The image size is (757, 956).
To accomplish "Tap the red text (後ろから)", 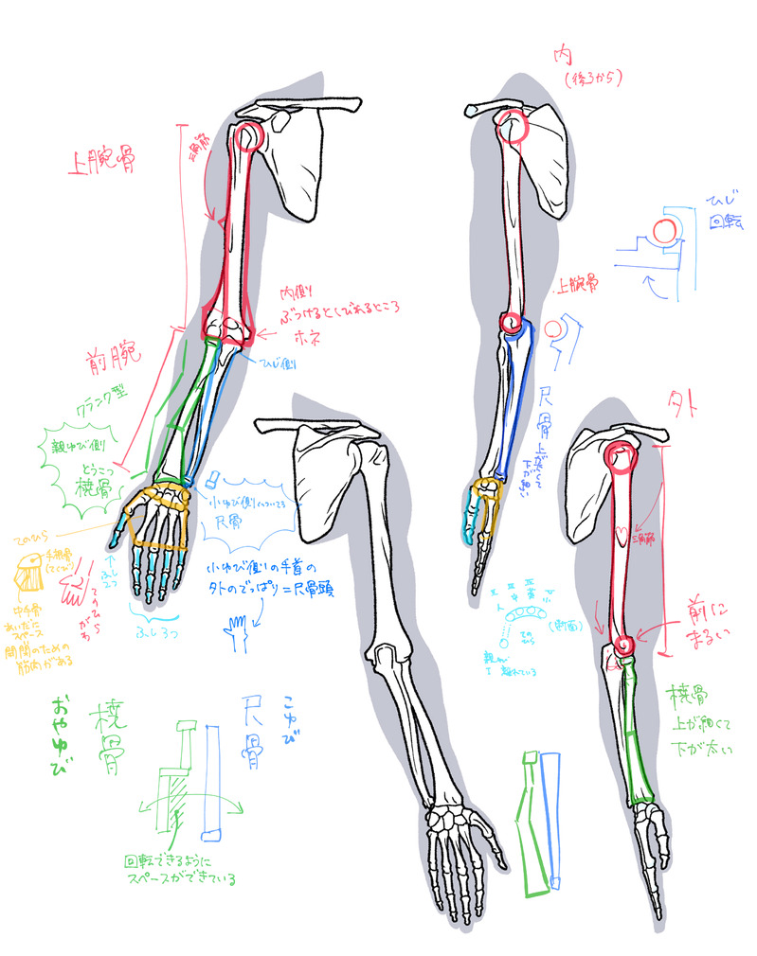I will click(x=590, y=80).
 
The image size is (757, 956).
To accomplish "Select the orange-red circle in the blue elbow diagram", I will click(x=664, y=230).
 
